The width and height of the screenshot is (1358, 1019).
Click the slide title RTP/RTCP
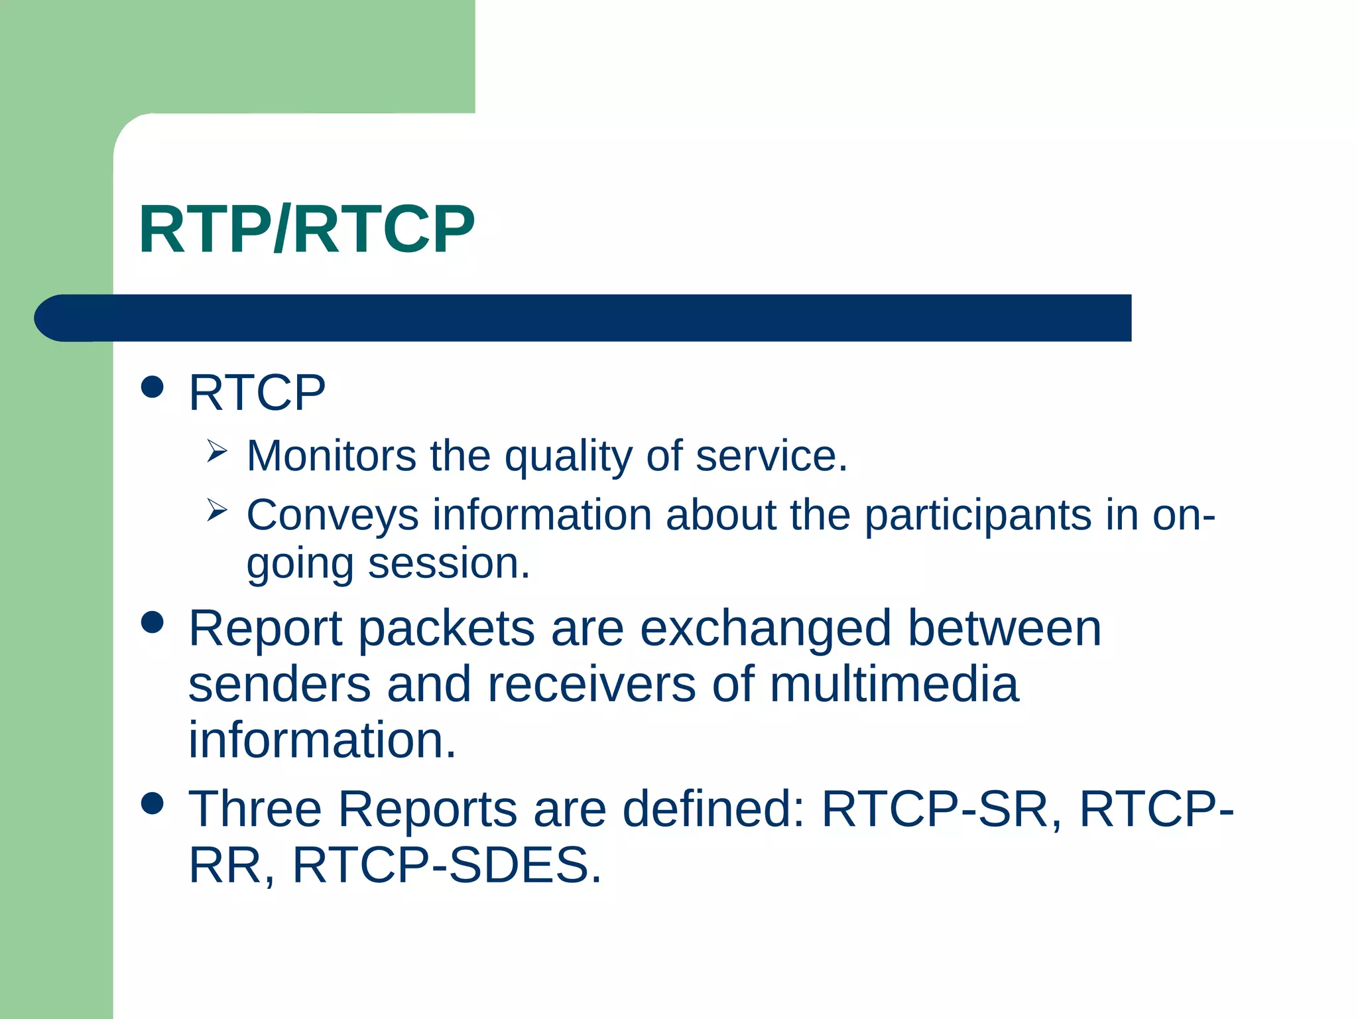306,230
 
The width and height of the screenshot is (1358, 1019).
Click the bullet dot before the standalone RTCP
153,387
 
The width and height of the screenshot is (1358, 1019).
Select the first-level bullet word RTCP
257,393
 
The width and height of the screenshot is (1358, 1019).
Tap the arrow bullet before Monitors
216,451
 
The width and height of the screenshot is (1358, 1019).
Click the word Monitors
331,456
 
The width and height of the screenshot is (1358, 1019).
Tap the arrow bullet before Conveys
216,510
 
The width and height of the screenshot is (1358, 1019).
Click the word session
449,564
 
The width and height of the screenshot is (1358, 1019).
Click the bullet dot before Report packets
153,622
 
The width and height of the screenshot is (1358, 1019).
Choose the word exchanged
765,628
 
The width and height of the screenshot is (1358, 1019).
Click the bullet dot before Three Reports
153,803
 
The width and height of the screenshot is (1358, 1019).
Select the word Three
255,809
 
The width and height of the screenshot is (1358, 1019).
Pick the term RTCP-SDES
447,865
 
